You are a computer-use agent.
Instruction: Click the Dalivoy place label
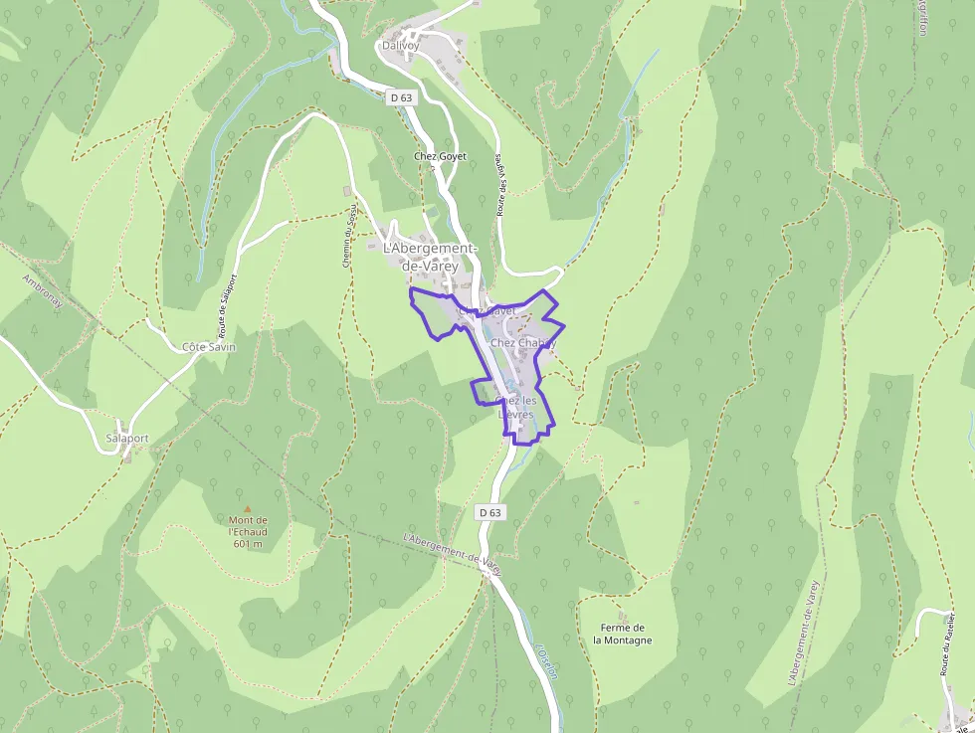[x=401, y=46]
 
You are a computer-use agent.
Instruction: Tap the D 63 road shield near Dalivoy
[x=401, y=97]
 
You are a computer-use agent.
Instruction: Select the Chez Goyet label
[x=440, y=157]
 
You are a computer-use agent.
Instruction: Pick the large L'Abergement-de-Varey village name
[x=431, y=257]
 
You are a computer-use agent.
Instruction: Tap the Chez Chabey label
[x=521, y=343]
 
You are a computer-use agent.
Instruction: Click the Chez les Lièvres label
[x=515, y=408]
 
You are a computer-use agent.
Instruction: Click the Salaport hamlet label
[x=126, y=439]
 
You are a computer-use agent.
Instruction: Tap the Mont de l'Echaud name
[x=248, y=525]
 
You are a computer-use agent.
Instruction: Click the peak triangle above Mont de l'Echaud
[x=248, y=507]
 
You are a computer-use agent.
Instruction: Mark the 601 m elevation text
[x=248, y=544]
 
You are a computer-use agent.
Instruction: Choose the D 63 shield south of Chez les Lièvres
[x=489, y=512]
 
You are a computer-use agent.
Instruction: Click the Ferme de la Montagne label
[x=623, y=634]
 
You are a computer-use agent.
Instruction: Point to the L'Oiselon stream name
[x=546, y=662]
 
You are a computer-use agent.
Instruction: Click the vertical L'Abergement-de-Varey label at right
[x=802, y=634]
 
